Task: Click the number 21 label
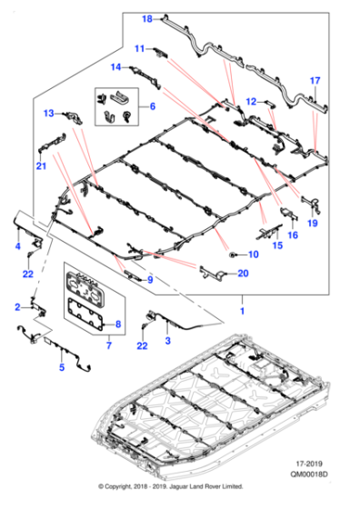[x=41, y=166]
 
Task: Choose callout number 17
[x=315, y=80]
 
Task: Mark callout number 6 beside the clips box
[x=152, y=107]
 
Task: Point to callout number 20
[x=243, y=274]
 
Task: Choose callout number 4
[x=16, y=246]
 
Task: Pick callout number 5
[x=62, y=368]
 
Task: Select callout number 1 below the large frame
[x=242, y=312]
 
